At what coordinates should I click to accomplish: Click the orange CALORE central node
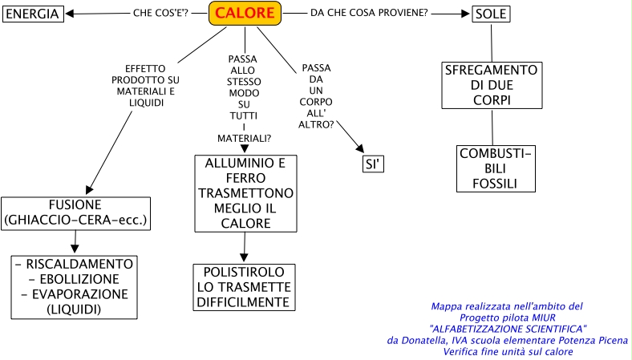tap(246, 14)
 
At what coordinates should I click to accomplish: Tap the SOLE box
tap(489, 14)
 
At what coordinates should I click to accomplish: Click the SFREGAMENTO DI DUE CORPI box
tap(492, 86)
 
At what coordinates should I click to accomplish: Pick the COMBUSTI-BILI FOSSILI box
tap(496, 168)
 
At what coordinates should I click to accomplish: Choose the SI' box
tap(373, 164)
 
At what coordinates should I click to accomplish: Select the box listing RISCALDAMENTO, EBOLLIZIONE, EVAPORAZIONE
tap(74, 286)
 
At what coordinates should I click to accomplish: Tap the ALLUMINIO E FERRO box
tap(245, 194)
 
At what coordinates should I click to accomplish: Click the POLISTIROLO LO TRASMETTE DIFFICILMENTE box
tap(245, 287)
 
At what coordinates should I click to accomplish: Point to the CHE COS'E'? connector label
tap(160, 14)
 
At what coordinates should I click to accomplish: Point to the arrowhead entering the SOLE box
tap(466, 14)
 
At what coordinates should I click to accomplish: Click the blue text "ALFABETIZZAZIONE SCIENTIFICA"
tap(508, 329)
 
